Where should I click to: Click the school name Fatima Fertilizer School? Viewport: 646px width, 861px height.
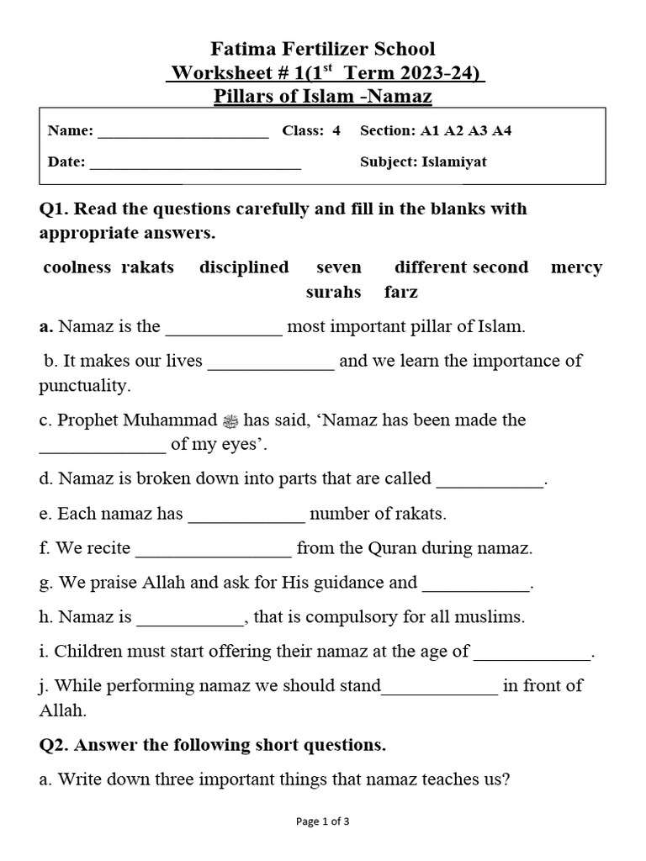click(323, 49)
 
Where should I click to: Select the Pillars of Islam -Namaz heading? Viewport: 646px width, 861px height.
click(323, 97)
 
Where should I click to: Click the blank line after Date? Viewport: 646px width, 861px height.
click(195, 163)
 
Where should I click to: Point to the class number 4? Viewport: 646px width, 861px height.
click(336, 131)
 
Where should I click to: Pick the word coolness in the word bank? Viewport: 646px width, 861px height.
click(77, 267)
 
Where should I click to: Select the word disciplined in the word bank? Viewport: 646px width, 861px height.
click(244, 267)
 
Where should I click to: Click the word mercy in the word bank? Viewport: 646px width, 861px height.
click(576, 267)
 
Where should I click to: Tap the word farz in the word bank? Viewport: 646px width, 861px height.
click(400, 293)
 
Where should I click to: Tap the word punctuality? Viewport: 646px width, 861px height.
click(84, 386)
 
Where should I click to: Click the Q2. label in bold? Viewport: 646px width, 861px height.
click(56, 745)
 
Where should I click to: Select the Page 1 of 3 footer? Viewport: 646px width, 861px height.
click(323, 822)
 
